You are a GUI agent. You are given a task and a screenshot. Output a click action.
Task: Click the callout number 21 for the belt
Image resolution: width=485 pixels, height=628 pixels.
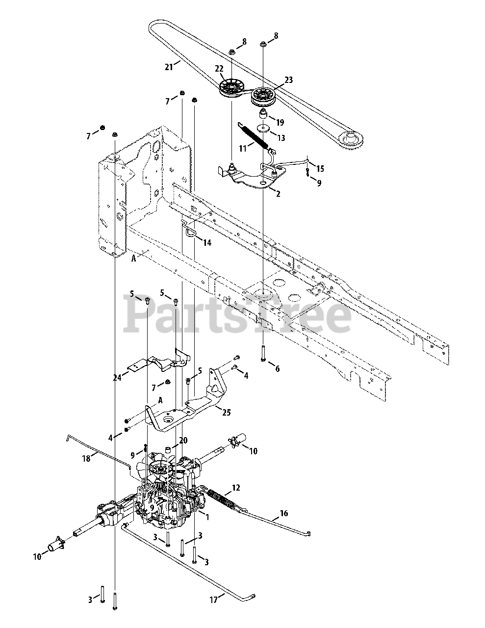(169, 67)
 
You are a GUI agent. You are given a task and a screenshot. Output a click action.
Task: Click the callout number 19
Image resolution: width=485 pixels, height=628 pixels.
(280, 122)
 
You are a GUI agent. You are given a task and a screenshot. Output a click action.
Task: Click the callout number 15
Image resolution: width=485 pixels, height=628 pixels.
(320, 169)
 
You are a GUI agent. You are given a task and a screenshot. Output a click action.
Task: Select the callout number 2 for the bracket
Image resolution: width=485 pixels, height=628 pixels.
(278, 194)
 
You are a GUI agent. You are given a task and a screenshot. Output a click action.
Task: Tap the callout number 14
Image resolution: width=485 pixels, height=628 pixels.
(207, 242)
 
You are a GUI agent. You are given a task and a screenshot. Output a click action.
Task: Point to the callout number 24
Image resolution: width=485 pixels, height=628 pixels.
(117, 377)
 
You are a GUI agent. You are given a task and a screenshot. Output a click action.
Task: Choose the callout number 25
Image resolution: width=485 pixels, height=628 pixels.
(226, 413)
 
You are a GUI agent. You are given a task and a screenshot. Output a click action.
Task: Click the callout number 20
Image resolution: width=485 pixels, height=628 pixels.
(183, 440)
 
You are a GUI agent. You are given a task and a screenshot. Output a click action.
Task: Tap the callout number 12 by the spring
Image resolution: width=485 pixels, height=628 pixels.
(236, 488)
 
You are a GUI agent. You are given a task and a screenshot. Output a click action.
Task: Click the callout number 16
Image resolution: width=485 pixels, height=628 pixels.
(284, 514)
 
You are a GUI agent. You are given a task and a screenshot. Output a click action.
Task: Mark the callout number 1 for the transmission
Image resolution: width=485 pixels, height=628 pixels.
(207, 517)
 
